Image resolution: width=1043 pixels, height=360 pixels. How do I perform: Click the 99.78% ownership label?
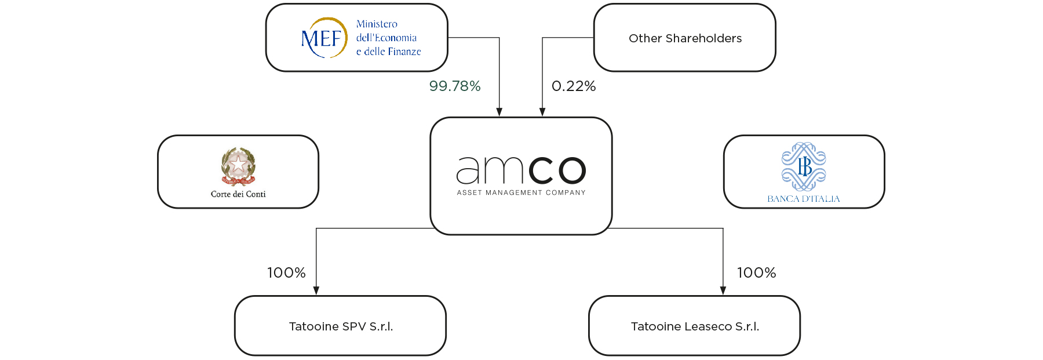click(455, 86)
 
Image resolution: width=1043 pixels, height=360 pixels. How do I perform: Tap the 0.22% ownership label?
click(574, 86)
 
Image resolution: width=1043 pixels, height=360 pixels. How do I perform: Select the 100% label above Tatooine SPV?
click(286, 273)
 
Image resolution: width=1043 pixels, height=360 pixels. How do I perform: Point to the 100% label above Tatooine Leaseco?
click(756, 273)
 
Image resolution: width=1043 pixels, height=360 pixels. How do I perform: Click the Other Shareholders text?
click(685, 38)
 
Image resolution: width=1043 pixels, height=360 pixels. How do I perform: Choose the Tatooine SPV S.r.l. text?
click(341, 326)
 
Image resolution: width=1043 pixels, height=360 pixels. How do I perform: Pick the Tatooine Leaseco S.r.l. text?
click(695, 326)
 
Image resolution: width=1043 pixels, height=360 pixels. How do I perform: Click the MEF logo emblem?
click(323, 38)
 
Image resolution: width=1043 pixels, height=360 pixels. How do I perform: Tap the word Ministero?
click(377, 24)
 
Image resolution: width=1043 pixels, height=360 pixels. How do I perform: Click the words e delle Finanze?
click(388, 52)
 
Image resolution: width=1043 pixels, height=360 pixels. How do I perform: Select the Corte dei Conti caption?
click(238, 194)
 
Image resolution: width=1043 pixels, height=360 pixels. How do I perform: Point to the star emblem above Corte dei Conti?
click(238, 165)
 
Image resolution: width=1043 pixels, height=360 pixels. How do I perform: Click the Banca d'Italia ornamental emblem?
click(804, 166)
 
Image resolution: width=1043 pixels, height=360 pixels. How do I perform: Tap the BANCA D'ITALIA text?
click(804, 199)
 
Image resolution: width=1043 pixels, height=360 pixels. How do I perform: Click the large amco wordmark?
click(521, 170)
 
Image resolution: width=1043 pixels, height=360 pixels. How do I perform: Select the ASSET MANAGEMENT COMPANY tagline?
click(521, 192)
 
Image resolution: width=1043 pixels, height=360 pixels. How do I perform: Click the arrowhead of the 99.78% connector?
click(499, 112)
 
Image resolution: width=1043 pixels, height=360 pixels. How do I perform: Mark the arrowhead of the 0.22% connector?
click(542, 112)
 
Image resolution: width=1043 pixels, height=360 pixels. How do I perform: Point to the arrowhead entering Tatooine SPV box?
click(316, 290)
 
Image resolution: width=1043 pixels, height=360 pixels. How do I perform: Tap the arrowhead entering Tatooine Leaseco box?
click(723, 290)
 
